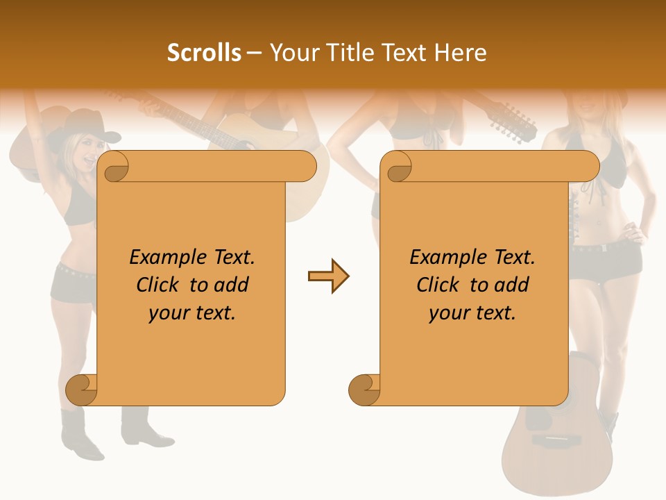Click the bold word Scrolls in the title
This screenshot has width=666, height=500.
point(204,53)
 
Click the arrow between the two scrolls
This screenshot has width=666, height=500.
point(328,276)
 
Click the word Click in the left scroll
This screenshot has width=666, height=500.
point(160,285)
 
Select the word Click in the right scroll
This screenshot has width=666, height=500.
point(440,285)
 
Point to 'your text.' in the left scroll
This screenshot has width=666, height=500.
point(192,313)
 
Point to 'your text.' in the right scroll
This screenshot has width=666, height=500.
point(472,313)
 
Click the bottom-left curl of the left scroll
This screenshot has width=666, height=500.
point(82,390)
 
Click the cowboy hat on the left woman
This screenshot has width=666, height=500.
point(83,128)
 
